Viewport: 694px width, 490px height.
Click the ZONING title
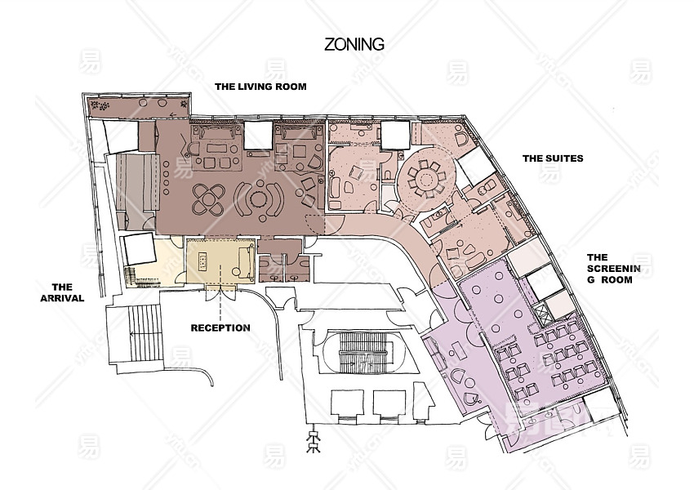tap(354, 44)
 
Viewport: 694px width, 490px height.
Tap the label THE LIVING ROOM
tap(260, 87)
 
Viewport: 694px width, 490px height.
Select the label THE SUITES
tap(553, 158)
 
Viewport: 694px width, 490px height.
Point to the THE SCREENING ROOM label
tap(613, 268)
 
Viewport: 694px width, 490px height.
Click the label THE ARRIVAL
tap(62, 292)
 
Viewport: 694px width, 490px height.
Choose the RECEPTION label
tap(220, 328)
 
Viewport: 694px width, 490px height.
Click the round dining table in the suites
tap(427, 180)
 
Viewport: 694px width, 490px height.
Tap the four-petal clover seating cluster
tap(207, 199)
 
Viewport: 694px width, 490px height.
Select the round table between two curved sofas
tap(257, 199)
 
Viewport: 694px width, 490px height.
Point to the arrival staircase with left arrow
tap(145, 333)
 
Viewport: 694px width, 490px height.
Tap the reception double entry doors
tap(220, 294)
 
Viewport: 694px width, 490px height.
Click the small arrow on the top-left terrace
tap(172, 115)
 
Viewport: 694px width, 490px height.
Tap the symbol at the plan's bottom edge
tap(314, 440)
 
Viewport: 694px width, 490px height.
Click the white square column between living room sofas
tap(257, 135)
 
